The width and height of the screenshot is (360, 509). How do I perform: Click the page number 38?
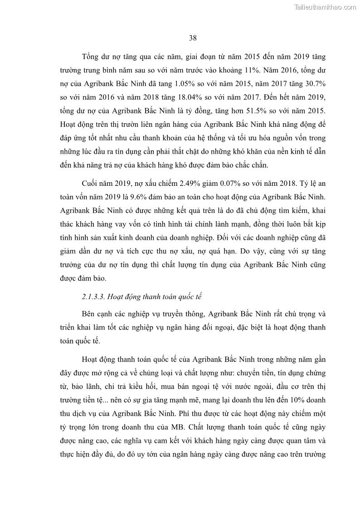click(192, 38)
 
